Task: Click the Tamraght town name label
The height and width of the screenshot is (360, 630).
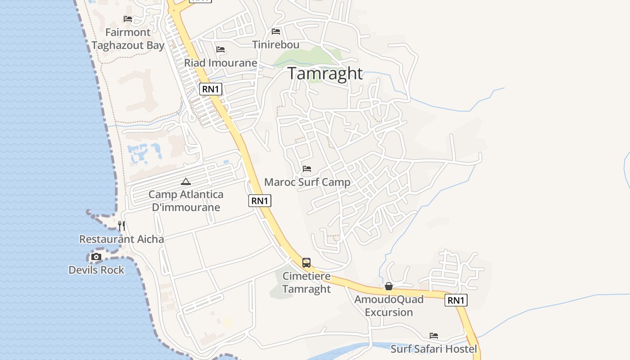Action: pos(325,73)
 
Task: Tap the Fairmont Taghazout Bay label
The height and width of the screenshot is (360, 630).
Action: pos(128,39)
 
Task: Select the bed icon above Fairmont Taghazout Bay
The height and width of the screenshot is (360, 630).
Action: pos(128,19)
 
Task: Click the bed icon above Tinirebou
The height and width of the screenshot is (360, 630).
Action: pos(276,31)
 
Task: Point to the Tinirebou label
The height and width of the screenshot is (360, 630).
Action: pos(276,45)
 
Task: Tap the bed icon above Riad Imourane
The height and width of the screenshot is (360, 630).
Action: pos(220,49)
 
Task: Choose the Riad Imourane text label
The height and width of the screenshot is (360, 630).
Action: pos(220,63)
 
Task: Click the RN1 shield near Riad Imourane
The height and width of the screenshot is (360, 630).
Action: pos(211,89)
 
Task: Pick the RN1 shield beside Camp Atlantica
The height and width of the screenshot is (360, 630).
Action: pos(260,201)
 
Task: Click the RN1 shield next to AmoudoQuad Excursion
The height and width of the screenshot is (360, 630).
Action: pos(456,300)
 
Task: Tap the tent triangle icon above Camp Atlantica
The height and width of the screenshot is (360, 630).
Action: pos(185,182)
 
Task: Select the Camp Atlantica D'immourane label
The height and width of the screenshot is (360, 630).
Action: pos(186,201)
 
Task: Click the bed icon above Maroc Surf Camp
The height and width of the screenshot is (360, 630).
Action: pos(307,169)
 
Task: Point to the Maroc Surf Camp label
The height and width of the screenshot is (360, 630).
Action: pos(307,182)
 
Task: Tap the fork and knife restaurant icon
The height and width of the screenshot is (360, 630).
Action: pos(121,225)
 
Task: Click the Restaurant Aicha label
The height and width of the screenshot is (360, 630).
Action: pos(121,239)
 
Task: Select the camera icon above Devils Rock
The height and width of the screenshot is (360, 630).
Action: pos(96,257)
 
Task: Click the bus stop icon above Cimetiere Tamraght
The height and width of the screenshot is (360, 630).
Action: pos(306,262)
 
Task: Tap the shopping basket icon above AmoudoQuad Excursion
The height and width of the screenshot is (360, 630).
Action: pos(389,286)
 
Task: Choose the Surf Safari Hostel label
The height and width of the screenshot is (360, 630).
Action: pos(434,349)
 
